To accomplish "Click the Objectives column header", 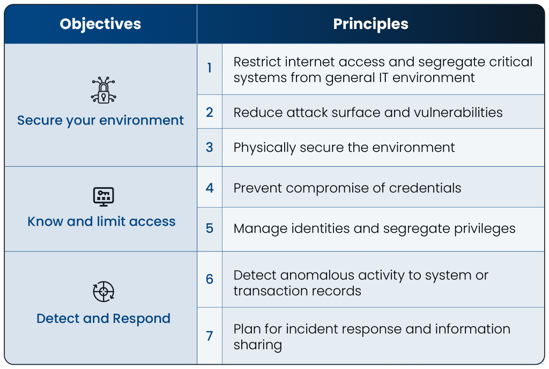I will click(100, 24).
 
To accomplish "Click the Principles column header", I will click(370, 24).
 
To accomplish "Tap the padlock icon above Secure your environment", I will click(103, 90).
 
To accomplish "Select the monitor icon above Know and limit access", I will click(103, 196).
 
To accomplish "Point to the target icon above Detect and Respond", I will click(103, 292).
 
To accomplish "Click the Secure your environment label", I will click(100, 120).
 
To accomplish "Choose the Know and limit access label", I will click(101, 222).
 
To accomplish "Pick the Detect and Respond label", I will click(103, 319).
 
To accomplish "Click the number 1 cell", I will click(209, 69).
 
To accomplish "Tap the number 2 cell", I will click(209, 112).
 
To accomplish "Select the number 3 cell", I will click(209, 147).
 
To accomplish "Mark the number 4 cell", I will click(209, 188).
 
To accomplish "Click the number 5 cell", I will click(209, 228).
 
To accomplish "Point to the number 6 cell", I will click(209, 279).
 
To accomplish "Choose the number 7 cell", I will click(209, 336).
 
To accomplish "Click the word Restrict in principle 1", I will click(256, 62).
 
